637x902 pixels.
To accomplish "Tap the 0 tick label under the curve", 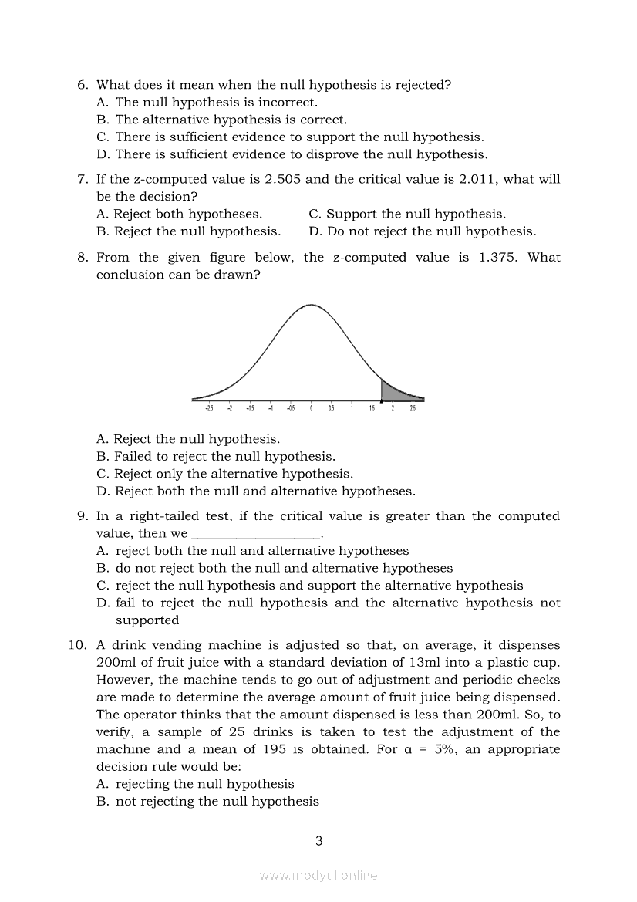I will pyautogui.click(x=311, y=409).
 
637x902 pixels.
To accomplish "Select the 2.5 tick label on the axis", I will pyautogui.click(x=413, y=409).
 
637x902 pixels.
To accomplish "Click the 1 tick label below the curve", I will pyautogui.click(x=352, y=409).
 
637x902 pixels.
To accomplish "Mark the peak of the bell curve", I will pyautogui.click(x=311, y=306).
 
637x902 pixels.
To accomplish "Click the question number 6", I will pyautogui.click(x=82, y=85).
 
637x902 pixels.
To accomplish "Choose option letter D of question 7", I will pyautogui.click(x=315, y=231).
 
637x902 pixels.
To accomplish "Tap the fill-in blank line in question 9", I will pyautogui.click(x=255, y=534).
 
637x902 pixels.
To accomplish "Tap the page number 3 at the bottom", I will pyautogui.click(x=318, y=841).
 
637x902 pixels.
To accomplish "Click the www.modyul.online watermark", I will pyautogui.click(x=318, y=875).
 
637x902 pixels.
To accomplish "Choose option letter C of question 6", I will pyautogui.click(x=103, y=137).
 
